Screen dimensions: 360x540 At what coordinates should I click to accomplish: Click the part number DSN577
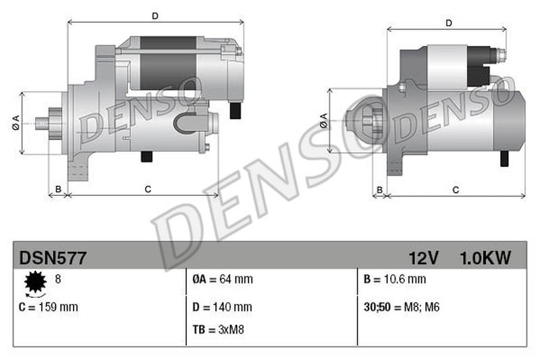52,257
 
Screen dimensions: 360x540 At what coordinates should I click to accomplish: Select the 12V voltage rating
424,257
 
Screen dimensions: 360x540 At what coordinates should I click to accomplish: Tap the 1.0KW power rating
485,257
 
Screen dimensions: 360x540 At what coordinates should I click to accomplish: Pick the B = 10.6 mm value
394,279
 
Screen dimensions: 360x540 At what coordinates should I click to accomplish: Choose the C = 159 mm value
49,307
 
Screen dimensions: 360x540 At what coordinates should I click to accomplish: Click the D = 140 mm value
223,307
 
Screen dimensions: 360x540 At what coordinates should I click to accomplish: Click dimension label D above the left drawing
155,14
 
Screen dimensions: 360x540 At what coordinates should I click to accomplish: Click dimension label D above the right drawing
448,24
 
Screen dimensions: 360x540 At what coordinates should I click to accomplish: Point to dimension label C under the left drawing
147,189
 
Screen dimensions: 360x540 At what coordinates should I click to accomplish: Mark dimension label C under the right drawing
456,190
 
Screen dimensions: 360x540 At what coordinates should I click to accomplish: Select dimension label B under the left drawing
58,189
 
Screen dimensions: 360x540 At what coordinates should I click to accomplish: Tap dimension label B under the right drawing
379,190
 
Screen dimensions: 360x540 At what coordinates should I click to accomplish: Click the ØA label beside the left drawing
15,124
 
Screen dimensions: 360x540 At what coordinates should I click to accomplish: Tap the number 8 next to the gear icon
57,278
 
